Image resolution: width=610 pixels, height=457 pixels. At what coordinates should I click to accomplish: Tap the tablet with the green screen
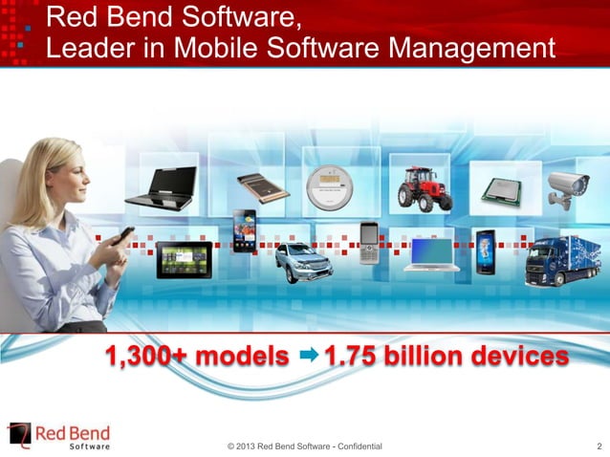[x=183, y=257]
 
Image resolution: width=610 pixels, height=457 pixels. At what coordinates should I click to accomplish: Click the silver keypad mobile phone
[x=369, y=247]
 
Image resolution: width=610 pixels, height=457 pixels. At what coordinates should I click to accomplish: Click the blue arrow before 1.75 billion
[x=308, y=358]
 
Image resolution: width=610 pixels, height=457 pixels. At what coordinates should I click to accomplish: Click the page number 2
[x=598, y=446]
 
